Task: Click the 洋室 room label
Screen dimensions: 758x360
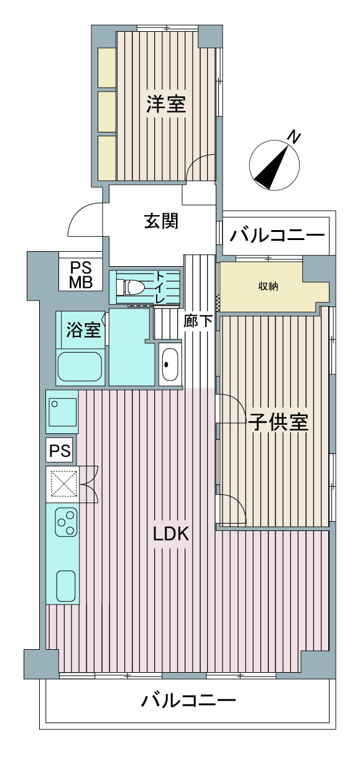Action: [x=166, y=103]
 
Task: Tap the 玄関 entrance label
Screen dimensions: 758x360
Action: [x=162, y=221]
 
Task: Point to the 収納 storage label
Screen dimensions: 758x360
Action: [x=269, y=287]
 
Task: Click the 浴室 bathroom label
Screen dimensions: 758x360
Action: [x=83, y=330]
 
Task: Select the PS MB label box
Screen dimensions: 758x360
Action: [x=81, y=275]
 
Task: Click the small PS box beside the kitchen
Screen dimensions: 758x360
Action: [x=61, y=450]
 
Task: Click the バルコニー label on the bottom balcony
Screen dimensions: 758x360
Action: [x=188, y=701]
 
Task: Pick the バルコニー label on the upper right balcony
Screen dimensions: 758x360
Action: [x=277, y=236]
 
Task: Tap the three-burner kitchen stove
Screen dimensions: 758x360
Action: [x=66, y=522]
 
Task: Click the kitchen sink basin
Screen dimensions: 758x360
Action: [x=65, y=584]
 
